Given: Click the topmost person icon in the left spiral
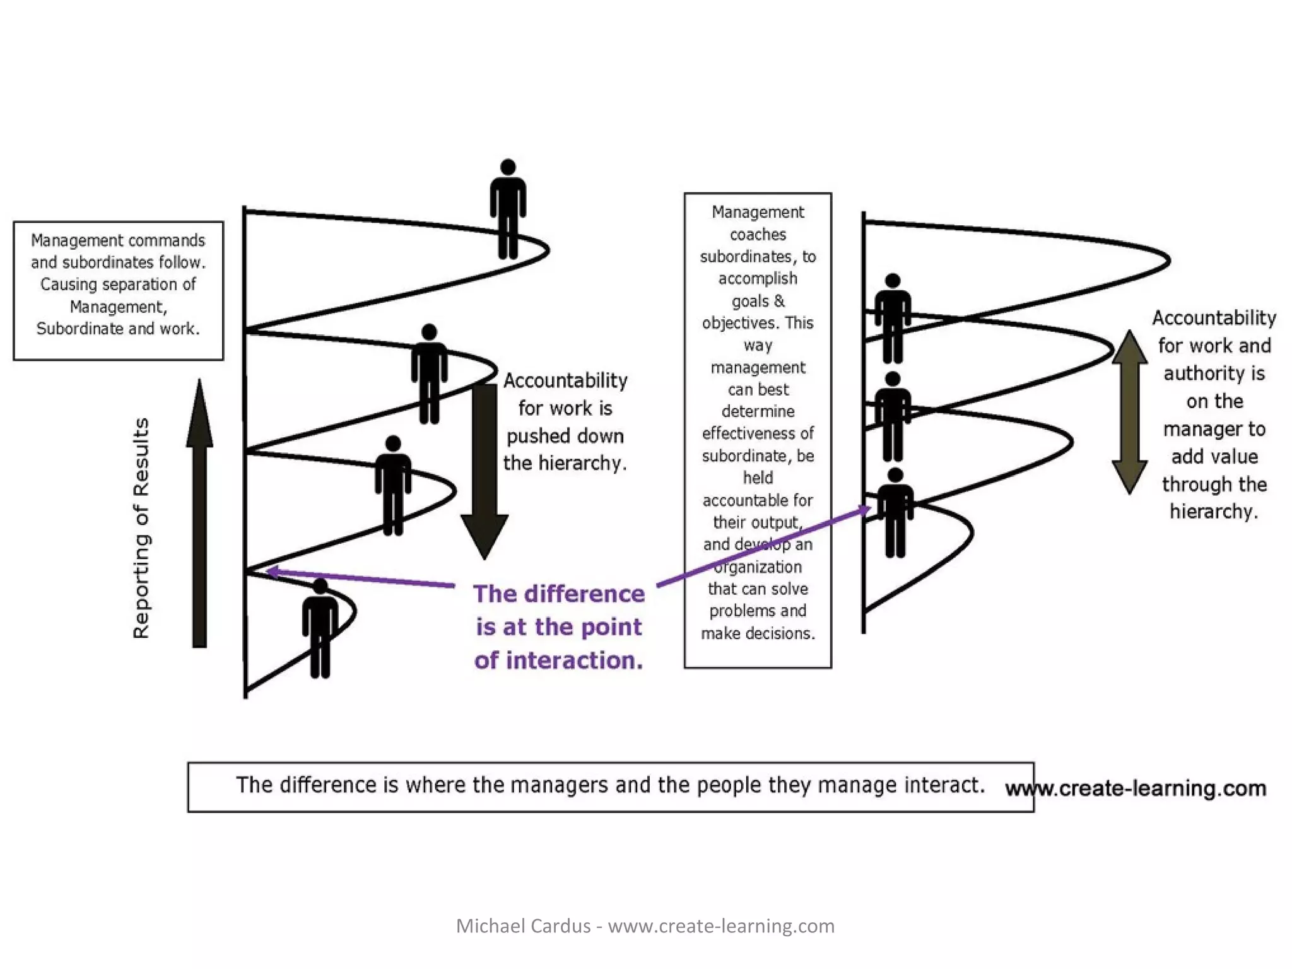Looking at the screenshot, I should pyautogui.click(x=508, y=210).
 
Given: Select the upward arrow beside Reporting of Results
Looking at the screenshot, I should pyautogui.click(x=199, y=514).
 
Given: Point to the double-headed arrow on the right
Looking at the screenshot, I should pyautogui.click(x=1129, y=412).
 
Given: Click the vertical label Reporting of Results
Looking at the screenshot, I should pyautogui.click(x=141, y=529).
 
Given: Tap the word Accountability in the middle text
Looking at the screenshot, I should pyautogui.click(x=565, y=380).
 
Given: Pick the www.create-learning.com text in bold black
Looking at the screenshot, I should pyautogui.click(x=1136, y=789).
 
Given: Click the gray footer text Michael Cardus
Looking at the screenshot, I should pyautogui.click(x=523, y=926).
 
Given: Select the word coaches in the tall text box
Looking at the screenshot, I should pyautogui.click(x=758, y=235).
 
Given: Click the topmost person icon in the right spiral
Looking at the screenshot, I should pyautogui.click(x=893, y=319).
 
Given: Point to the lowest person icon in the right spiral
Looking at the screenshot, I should pyautogui.click(x=895, y=513).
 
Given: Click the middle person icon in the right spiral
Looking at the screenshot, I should pyautogui.click(x=893, y=416).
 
